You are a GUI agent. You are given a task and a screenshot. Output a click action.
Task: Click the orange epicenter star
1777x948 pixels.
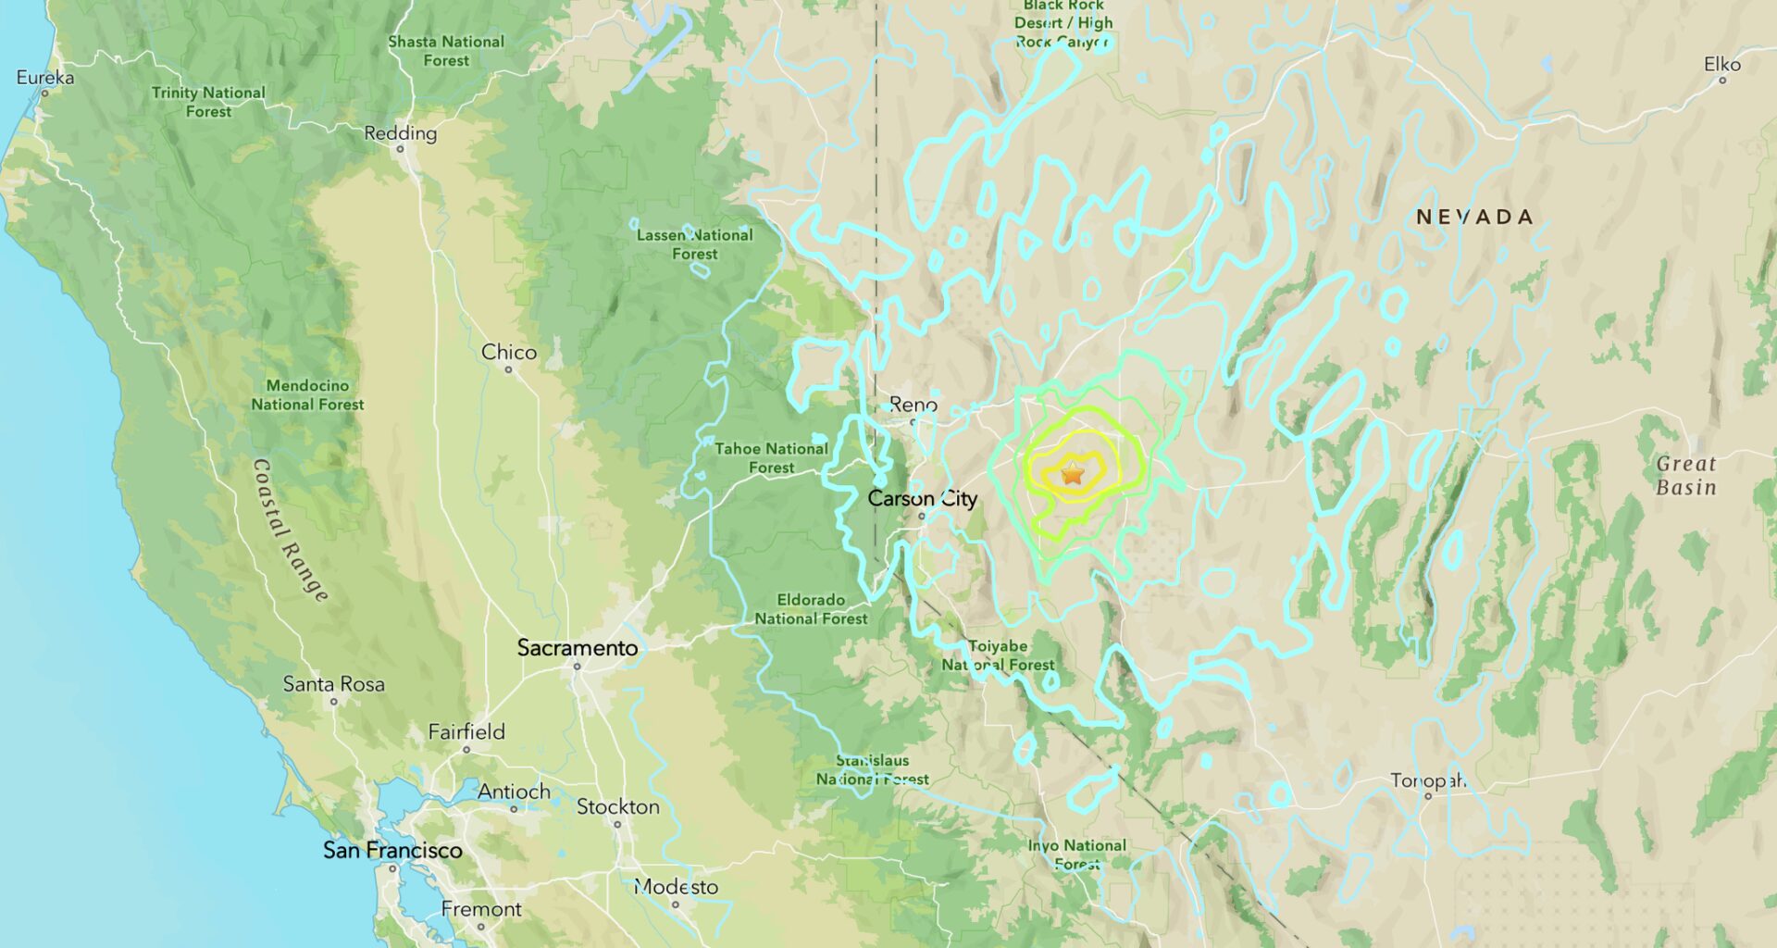tap(1072, 475)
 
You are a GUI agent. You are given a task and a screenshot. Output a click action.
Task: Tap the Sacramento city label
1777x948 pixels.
tap(577, 648)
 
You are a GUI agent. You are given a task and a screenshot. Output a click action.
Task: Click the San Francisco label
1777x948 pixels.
tap(392, 850)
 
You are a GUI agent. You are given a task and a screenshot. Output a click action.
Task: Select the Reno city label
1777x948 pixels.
tap(913, 405)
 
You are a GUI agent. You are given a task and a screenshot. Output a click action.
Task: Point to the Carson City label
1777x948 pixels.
tap(922, 499)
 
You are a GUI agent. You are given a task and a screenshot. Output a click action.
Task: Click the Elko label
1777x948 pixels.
tap(1721, 64)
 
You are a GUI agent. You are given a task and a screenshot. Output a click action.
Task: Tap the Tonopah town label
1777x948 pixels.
tap(1427, 780)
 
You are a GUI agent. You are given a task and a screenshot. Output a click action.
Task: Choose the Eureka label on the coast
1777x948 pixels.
tap(44, 77)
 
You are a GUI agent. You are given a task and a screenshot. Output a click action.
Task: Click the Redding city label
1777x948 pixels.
tap(400, 133)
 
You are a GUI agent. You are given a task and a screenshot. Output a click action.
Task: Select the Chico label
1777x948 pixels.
tap(508, 352)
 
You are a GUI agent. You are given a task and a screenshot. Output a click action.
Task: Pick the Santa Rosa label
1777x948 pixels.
tap(333, 684)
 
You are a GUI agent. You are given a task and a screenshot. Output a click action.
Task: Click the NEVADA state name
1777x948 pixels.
tap(1474, 217)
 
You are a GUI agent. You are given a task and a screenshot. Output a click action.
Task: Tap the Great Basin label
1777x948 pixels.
tap(1685, 475)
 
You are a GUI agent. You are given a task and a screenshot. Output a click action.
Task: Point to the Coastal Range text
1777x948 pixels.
tap(290, 530)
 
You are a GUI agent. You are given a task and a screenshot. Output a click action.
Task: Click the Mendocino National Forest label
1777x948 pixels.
tap(307, 394)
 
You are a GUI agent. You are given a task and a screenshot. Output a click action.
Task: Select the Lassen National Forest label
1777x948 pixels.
tap(694, 244)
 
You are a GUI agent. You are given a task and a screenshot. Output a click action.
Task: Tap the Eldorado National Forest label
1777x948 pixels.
tap(811, 609)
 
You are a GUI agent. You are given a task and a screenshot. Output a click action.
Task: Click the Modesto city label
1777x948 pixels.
tap(676, 887)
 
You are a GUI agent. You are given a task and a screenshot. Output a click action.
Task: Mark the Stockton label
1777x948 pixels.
tap(617, 806)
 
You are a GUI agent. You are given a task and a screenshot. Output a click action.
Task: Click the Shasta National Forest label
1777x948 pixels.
tap(446, 51)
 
